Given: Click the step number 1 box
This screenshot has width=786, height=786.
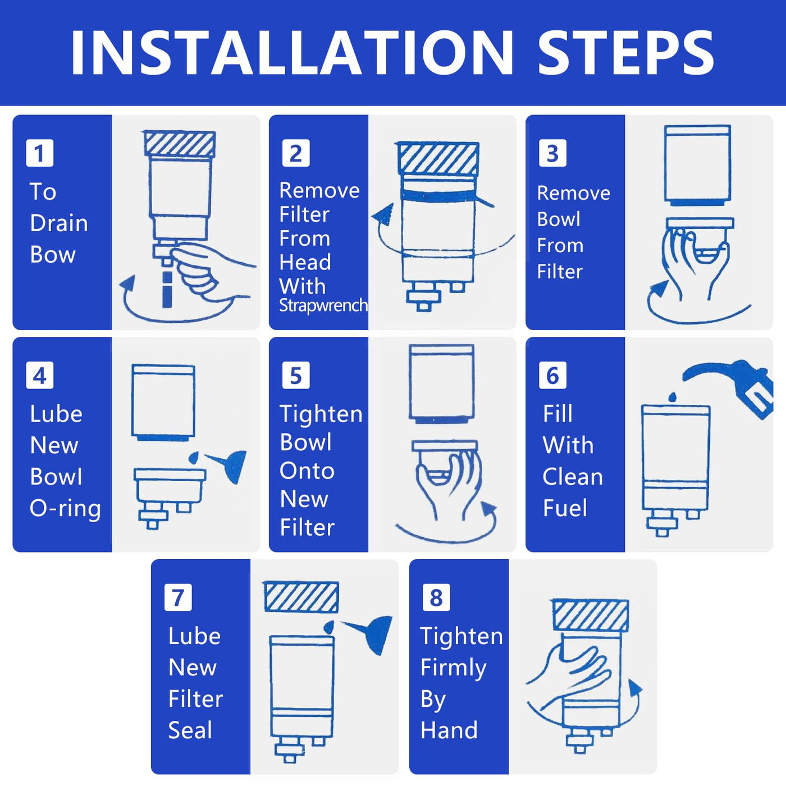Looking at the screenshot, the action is [39, 153].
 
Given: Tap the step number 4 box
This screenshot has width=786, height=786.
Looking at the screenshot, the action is [39, 375].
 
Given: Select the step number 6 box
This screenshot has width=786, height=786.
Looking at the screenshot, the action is [552, 375].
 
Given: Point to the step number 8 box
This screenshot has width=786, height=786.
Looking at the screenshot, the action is [436, 597].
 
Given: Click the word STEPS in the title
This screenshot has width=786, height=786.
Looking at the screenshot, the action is [625, 53].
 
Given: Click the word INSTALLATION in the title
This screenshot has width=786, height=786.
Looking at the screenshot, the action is [291, 53].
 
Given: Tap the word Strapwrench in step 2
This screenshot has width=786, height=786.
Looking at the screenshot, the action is [323, 305].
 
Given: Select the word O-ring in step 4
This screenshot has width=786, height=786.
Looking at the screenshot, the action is [65, 508].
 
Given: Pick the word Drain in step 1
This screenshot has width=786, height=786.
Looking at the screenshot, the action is [59, 223].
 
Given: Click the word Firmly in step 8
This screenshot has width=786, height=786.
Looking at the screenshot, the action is [453, 668].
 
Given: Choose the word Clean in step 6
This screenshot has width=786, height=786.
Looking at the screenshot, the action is [573, 477].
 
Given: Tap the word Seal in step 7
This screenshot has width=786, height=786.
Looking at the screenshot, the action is [190, 730].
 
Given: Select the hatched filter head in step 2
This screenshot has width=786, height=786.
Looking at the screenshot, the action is [438, 159].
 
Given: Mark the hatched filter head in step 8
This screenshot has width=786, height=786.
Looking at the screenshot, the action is [590, 616].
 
